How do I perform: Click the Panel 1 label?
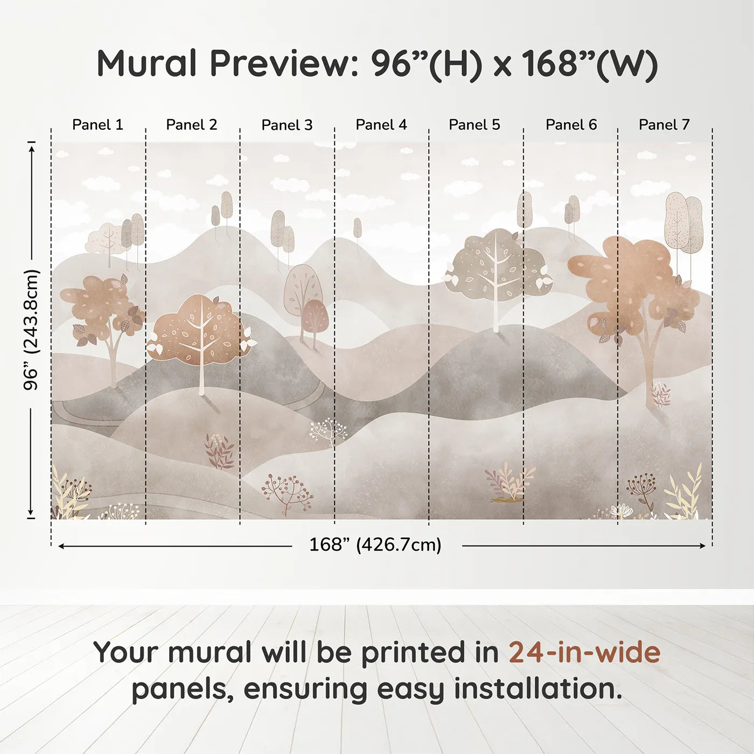(97, 125)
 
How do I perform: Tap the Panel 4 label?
(381, 125)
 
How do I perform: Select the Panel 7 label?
(664, 125)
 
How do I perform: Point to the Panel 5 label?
(474, 125)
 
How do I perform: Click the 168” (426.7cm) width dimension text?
(375, 544)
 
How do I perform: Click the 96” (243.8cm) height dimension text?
(31, 330)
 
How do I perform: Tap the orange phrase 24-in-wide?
(584, 652)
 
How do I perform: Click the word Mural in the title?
(146, 63)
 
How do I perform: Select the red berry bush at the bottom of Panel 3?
(288, 494)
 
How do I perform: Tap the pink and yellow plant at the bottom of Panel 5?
(509, 483)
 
